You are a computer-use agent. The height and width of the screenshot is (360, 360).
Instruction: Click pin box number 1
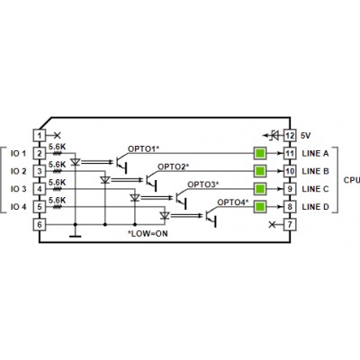coord(40,135)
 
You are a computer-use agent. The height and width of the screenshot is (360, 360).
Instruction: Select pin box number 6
coord(40,224)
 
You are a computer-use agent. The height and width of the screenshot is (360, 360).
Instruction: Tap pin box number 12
coord(290,135)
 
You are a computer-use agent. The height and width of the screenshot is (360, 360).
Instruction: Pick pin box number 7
coord(290,224)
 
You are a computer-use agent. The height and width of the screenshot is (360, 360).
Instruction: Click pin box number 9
coord(290,189)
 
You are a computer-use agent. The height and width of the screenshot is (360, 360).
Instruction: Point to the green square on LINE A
coord(260,153)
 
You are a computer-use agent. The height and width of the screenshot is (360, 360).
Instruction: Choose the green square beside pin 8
coord(260,207)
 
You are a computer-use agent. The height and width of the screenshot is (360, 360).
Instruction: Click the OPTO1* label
coord(143,148)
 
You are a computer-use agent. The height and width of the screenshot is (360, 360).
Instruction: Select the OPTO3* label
coord(203,184)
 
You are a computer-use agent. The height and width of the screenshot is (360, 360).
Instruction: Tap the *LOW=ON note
coord(148,233)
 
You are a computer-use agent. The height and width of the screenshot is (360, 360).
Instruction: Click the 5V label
coord(306,136)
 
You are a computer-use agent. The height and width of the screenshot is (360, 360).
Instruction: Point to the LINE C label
coord(315,189)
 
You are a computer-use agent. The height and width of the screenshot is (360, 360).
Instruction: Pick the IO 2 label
coord(18,171)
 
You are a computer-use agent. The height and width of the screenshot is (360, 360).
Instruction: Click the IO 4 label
coord(18,207)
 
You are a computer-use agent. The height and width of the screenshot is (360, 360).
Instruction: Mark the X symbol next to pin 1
coord(57,135)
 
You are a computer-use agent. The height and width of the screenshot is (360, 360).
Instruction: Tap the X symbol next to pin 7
coord(272,224)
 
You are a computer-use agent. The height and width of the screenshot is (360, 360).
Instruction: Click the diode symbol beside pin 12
coord(274,135)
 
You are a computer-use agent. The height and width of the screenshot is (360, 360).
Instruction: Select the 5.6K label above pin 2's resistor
coord(57,147)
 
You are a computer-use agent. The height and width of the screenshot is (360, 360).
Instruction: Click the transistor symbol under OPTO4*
coord(211,217)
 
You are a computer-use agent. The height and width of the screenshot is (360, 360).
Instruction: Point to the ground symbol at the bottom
coord(75,236)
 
